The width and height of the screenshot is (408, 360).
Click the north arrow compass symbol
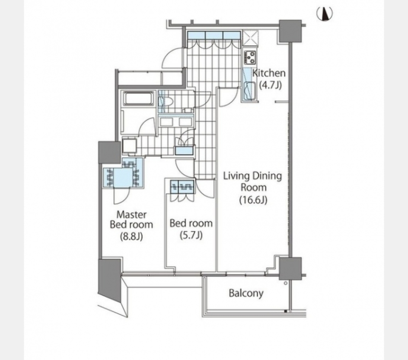(324, 14)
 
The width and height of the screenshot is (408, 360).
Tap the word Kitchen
(269, 73)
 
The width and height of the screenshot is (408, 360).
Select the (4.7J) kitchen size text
(270, 85)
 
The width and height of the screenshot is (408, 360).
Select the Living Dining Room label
(253, 181)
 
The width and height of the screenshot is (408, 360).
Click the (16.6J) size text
(253, 200)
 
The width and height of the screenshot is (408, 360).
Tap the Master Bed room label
(131, 219)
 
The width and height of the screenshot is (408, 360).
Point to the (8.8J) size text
(131, 236)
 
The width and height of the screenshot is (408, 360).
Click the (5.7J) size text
(191, 235)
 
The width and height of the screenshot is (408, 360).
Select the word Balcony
(246, 293)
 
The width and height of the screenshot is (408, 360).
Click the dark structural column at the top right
(290, 31)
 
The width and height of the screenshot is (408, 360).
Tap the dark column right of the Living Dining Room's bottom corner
(290, 269)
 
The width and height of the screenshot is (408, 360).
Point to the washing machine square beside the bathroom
(129, 146)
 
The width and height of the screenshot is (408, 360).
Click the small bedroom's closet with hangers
(182, 187)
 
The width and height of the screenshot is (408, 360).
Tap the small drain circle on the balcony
(286, 283)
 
